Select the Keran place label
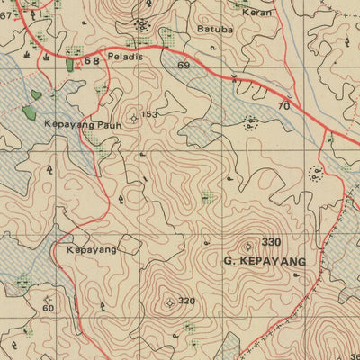coord(257,13)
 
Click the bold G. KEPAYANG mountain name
coord(263,261)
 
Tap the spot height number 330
coord(272,242)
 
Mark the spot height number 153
coord(148,115)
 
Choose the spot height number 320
coord(186,301)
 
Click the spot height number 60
coord(48,308)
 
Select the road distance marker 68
coord(92,61)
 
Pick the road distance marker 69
coord(184,67)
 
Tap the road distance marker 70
coord(283,106)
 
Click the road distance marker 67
coord(5,14)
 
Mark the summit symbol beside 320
coord(169,302)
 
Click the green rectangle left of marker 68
coord(70,64)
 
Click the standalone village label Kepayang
coord(92,249)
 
